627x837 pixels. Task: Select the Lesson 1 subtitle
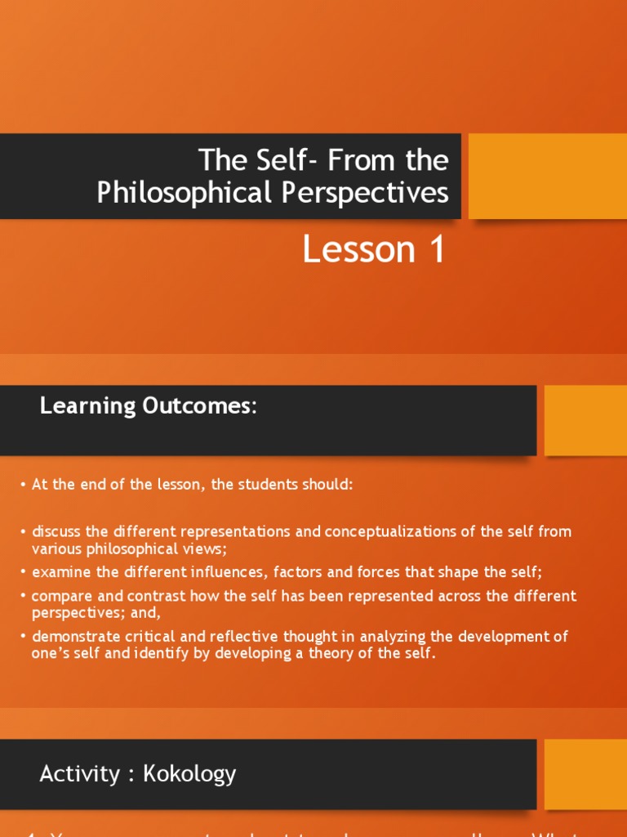tap(374, 249)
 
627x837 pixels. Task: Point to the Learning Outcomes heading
tap(148, 406)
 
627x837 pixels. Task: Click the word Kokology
tap(189, 773)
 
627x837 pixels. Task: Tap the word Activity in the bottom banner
tap(80, 773)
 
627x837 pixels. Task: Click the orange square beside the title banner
tap(547, 177)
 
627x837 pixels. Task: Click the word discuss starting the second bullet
tap(54, 532)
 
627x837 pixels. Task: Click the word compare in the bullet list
tap(57, 596)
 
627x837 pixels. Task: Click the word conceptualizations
tap(398, 532)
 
